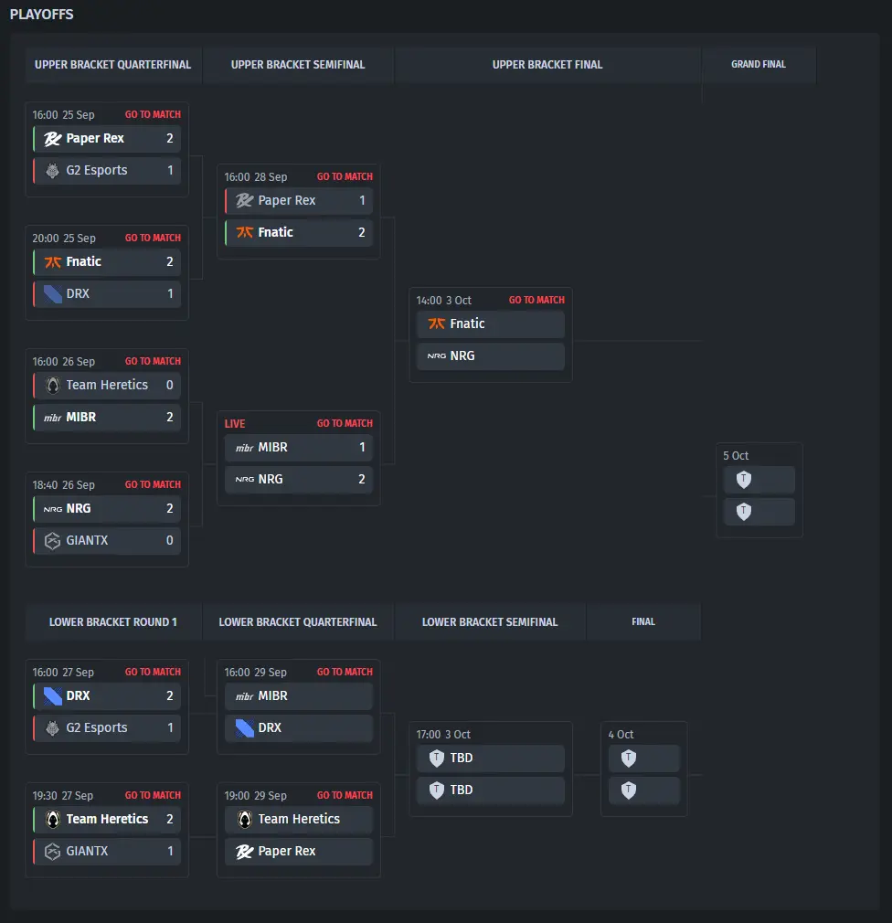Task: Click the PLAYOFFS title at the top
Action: tap(42, 15)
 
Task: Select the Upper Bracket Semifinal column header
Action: tap(298, 65)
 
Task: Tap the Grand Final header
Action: tap(759, 65)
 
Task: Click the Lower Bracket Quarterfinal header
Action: tap(298, 622)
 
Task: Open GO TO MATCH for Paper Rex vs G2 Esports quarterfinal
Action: tap(153, 115)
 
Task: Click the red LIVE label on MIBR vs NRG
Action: tap(235, 424)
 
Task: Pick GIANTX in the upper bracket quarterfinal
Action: tap(87, 541)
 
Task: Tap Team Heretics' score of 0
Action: tap(169, 386)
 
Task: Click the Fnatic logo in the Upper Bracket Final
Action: tap(437, 324)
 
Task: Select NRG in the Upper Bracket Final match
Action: tap(462, 355)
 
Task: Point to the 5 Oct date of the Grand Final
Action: tap(736, 456)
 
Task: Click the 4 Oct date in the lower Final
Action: tap(621, 735)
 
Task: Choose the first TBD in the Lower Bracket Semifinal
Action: tap(462, 758)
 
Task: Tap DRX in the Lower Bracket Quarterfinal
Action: tap(270, 728)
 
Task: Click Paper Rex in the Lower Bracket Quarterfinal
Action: tap(287, 852)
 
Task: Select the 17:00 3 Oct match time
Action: tap(443, 735)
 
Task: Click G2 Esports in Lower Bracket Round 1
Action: tap(97, 728)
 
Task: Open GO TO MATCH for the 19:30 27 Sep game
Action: tap(153, 796)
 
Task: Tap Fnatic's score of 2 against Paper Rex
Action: tap(361, 232)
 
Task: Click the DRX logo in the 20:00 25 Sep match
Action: tap(53, 294)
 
